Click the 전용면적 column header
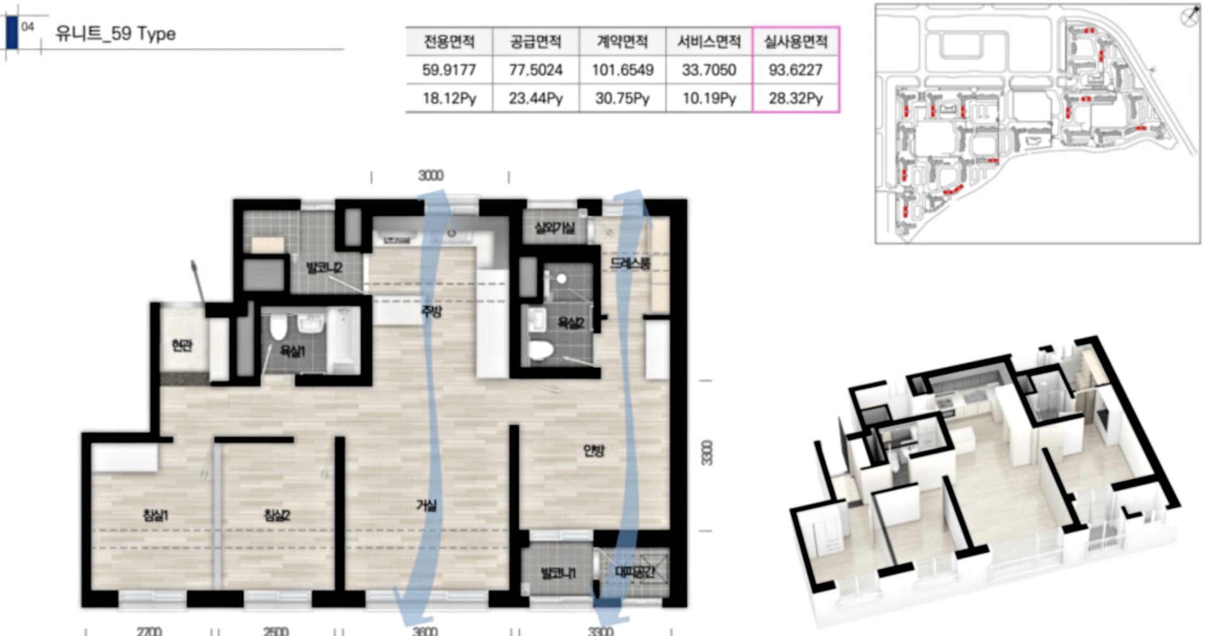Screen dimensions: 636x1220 (x=449, y=42)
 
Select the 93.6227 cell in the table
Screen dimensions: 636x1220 (x=796, y=70)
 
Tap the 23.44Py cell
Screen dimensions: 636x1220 (x=536, y=98)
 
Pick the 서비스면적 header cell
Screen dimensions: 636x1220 (x=708, y=42)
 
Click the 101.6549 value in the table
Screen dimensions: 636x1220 (x=622, y=70)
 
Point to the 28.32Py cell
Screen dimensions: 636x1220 (x=796, y=98)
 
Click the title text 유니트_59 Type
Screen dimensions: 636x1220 (x=116, y=34)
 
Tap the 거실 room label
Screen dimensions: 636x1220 (x=426, y=506)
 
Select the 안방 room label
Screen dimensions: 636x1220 (x=594, y=450)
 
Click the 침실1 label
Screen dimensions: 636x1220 (x=156, y=515)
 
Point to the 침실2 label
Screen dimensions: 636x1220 (x=277, y=515)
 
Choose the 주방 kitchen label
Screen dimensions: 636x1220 (x=431, y=311)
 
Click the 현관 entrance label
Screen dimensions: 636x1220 (x=182, y=346)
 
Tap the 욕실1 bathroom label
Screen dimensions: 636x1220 (x=293, y=351)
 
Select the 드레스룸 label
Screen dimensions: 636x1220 (x=630, y=263)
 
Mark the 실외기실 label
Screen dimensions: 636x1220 (x=554, y=227)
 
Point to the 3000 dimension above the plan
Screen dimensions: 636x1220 (x=431, y=176)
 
